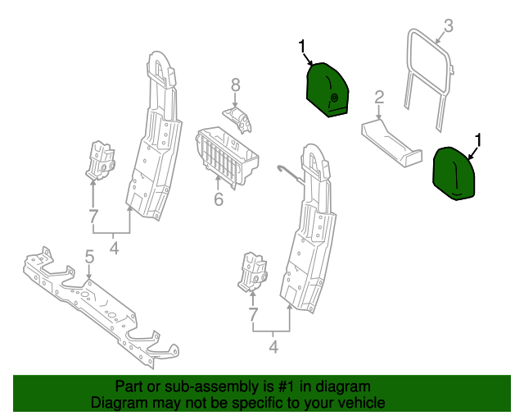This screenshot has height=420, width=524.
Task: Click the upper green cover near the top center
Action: click(x=327, y=91)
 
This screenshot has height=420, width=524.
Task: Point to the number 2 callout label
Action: click(x=379, y=98)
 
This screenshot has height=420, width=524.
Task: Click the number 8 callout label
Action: click(x=235, y=84)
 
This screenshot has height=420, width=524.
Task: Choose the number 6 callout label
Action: click(x=219, y=199)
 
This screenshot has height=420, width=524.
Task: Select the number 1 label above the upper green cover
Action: click(x=302, y=46)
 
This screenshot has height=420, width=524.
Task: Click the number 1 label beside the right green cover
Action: click(x=478, y=140)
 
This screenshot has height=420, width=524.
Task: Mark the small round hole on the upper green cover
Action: click(x=334, y=98)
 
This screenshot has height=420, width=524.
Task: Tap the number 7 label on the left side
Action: click(x=93, y=217)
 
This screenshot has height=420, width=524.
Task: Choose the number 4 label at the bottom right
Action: click(x=273, y=348)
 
